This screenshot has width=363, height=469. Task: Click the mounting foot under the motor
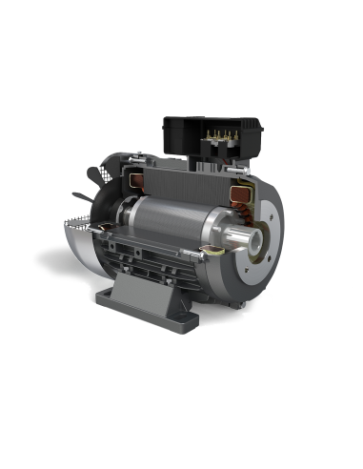tap(152, 286)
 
